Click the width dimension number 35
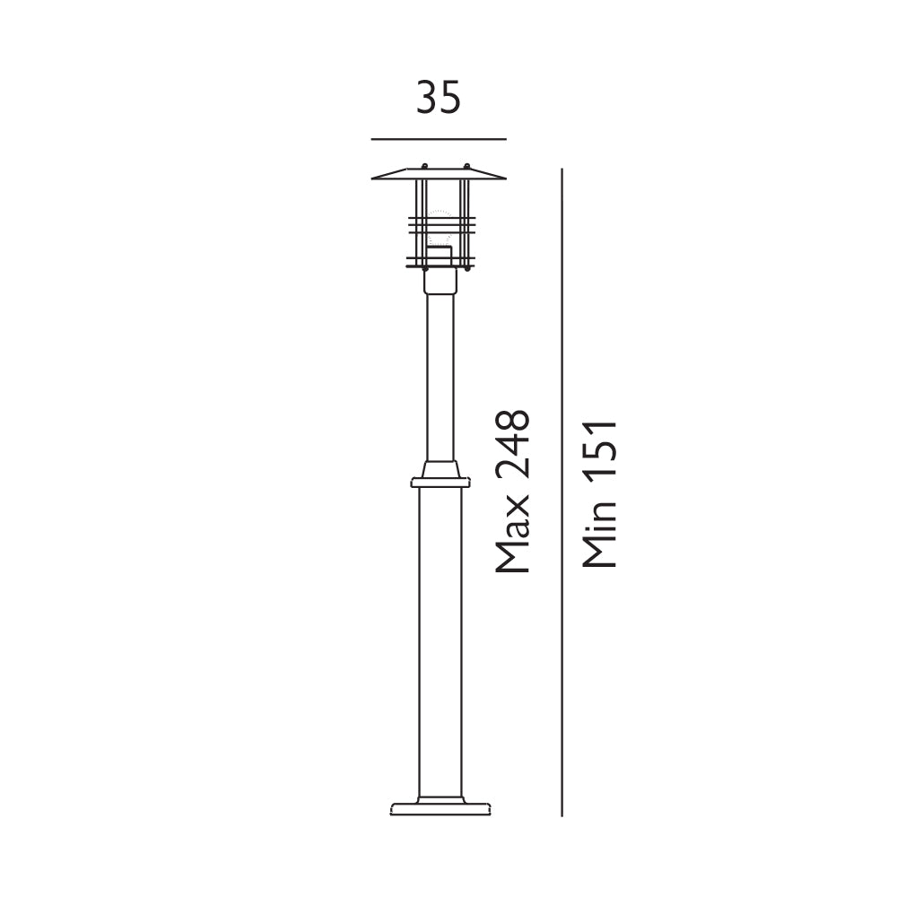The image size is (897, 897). [439, 97]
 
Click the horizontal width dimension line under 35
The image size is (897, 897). [439, 139]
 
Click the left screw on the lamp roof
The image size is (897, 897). [424, 167]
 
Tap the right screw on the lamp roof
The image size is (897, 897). [466, 167]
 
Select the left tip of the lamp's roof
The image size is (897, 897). [372, 179]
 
